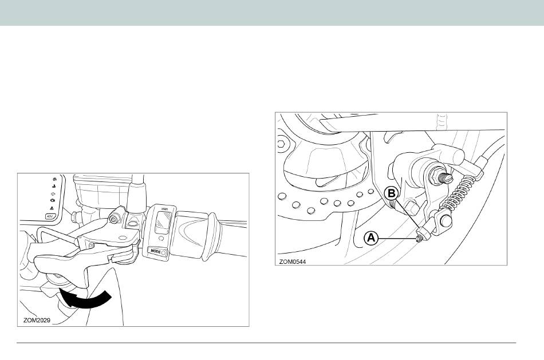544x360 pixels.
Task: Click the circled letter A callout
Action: (371, 238)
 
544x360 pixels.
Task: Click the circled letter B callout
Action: (392, 193)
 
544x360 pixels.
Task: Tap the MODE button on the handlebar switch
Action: (156, 251)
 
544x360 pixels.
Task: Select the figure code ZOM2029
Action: (37, 321)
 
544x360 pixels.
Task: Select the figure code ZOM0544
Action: (293, 262)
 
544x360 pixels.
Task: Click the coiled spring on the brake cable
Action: (460, 193)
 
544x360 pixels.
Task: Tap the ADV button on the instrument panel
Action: (49, 216)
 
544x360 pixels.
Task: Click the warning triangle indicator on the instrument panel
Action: (52, 208)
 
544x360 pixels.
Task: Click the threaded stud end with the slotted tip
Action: (446, 178)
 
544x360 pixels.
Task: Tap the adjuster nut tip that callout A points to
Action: (419, 239)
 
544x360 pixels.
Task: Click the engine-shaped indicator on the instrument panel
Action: (52, 200)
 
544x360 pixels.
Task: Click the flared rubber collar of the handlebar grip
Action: (211, 236)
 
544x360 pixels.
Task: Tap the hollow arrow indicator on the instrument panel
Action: (53, 193)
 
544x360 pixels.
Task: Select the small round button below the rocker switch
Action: (161, 239)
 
